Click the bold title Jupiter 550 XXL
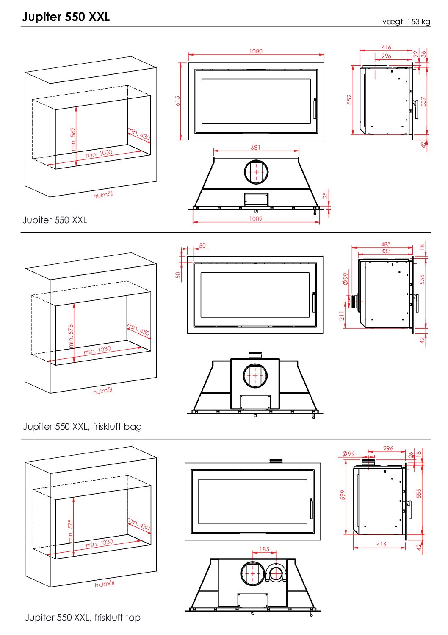coord(66,17)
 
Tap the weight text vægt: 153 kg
coord(406,22)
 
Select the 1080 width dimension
coord(256,51)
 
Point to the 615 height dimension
coord(177,101)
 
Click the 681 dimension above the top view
coord(256,148)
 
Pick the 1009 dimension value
coord(256,219)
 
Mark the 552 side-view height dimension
coord(349,100)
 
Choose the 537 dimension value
coord(423,102)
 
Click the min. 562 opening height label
coord(73,139)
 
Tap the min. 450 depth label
coord(138,329)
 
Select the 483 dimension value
coord(386,244)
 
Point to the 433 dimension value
coord(386,251)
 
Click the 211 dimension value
coord(342,316)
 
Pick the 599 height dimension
coord(343,495)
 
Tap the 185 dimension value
coord(264,549)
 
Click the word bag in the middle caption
coord(133,427)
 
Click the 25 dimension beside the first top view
coord(325,195)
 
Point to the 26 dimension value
coord(411,455)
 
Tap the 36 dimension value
coord(423,54)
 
